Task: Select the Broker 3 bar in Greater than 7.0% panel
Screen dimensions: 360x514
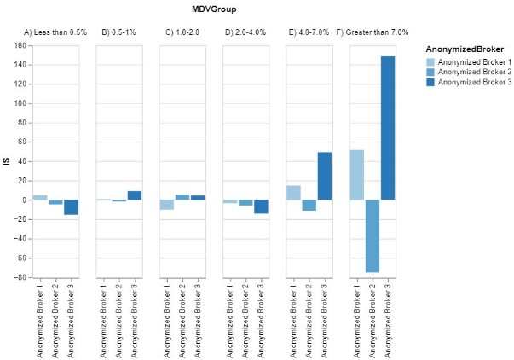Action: pos(389,128)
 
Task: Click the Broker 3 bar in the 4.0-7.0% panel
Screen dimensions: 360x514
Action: pos(325,176)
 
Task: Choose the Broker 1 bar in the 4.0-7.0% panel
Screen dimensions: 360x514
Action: pos(293,193)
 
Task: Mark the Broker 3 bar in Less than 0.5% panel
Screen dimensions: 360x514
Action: pos(71,207)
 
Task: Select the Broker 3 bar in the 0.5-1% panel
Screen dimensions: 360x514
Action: pos(135,195)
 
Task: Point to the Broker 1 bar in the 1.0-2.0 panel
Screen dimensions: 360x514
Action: pos(166,205)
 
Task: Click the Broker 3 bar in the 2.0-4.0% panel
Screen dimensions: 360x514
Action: pos(262,206)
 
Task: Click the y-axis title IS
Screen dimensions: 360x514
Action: pos(7,161)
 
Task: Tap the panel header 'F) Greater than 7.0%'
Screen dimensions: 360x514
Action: pos(373,32)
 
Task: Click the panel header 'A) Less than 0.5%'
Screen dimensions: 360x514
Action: pos(55,32)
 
